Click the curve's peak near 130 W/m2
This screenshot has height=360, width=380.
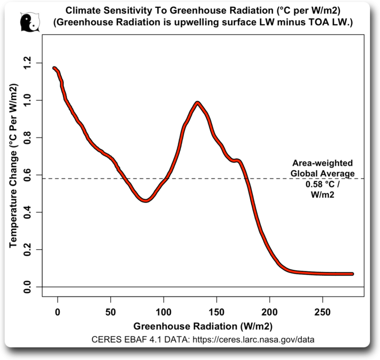pos(197,103)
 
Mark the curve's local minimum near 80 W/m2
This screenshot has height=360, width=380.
pos(146,200)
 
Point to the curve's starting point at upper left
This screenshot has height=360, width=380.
pos(54,68)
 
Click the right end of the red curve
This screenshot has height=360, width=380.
pos(351,274)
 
